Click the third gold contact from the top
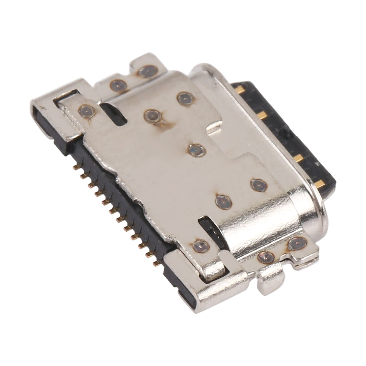coord(299,159)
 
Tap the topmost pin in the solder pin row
coord(75,167)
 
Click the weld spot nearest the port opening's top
coord(185,97)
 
